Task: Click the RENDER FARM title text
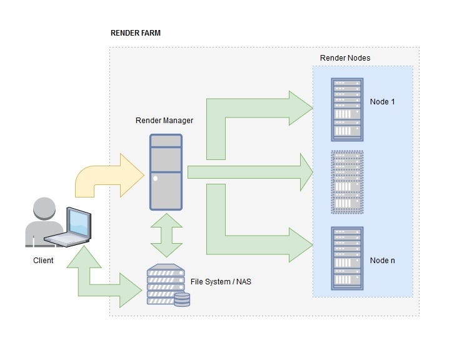(x=136, y=33)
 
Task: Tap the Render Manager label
(x=164, y=120)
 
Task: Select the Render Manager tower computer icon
(x=166, y=172)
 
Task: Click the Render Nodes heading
(x=345, y=58)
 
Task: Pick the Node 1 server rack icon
(x=347, y=109)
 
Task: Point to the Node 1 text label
(x=382, y=102)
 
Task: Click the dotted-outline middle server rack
(x=347, y=182)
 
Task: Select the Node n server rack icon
(x=347, y=258)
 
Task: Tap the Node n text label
(x=382, y=260)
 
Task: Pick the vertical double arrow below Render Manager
(x=166, y=235)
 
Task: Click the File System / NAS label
(x=221, y=282)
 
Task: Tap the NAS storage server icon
(x=167, y=285)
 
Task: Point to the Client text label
(x=43, y=261)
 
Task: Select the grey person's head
(x=44, y=209)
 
